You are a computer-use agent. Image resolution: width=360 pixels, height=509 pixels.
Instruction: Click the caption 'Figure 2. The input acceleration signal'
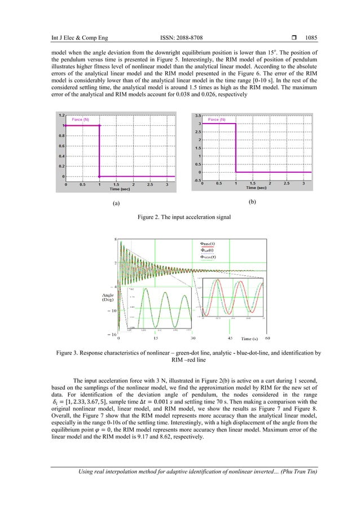(180, 216)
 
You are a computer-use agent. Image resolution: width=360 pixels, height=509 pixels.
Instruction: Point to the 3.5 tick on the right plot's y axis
(198, 115)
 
